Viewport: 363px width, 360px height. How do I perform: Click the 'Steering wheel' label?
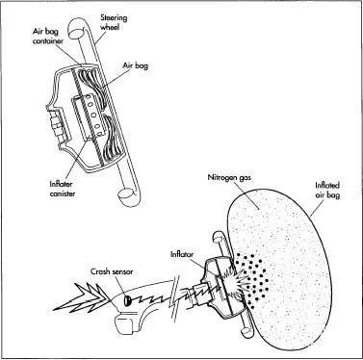[x=114, y=22]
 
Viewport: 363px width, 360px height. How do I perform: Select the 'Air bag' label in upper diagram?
[x=136, y=65]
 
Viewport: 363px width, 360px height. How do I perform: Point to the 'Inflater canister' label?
[x=63, y=190]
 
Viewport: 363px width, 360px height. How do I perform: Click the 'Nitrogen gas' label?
[x=229, y=178]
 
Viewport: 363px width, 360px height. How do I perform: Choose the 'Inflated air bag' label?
[x=327, y=191]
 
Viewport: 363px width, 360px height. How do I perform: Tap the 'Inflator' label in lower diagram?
[x=182, y=254]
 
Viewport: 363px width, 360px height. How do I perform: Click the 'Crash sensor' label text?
[x=112, y=271]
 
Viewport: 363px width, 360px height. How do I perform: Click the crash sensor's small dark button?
[x=127, y=300]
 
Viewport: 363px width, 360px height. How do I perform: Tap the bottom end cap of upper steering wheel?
[x=125, y=195]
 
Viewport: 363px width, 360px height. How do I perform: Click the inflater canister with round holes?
[x=89, y=117]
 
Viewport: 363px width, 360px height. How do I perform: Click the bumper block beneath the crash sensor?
[x=123, y=325]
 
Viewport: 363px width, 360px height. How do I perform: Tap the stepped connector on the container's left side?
[x=58, y=127]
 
